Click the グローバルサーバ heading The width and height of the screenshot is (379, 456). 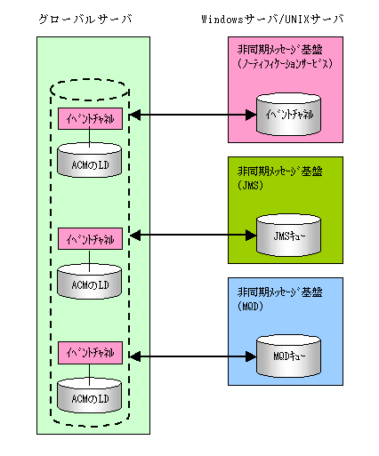tap(85, 20)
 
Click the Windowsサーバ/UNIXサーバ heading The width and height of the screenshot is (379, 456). tap(272, 20)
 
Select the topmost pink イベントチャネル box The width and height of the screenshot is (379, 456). tap(90, 118)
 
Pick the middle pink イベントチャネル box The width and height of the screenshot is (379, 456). tap(90, 239)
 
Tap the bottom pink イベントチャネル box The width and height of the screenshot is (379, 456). tap(90, 353)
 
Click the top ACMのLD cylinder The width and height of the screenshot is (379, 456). tap(89, 160)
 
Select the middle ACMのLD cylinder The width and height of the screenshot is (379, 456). tap(89, 281)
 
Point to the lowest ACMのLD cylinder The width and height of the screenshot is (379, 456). tap(89, 395)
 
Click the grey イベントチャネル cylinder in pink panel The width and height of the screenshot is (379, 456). tap(288, 115)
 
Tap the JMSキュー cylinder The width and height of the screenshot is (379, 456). tap(288, 236)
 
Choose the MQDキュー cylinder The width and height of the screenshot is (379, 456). tap(288, 356)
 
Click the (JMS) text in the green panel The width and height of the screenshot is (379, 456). tap(250, 186)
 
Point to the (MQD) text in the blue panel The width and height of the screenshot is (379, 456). tap(250, 306)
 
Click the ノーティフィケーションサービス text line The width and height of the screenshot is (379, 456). tap(285, 64)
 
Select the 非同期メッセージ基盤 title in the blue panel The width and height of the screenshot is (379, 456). tap(280, 292)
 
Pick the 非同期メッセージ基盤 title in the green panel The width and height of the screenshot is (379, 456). tap(280, 172)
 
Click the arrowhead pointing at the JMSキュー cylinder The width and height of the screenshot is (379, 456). tap(251, 236)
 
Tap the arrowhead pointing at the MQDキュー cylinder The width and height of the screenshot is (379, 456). tap(251, 356)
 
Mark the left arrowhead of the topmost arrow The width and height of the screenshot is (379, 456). tap(135, 115)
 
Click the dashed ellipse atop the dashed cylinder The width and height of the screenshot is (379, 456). tap(90, 79)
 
